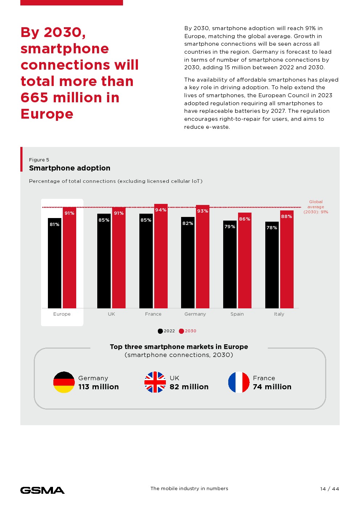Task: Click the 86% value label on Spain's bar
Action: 245,219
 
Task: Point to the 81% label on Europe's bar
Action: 54,225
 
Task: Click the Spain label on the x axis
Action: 237,314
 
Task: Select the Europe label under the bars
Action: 62,314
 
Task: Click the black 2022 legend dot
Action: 160,331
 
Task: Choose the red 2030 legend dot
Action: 181,331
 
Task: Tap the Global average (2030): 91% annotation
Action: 316,207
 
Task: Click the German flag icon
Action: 64,382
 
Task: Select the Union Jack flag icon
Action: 155,382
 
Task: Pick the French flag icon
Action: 239,382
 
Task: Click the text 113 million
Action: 99,387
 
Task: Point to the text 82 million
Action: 189,387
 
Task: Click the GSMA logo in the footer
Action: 42,490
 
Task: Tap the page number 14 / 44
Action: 330,489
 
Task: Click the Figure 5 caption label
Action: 39,160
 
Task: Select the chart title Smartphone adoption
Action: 70,168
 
